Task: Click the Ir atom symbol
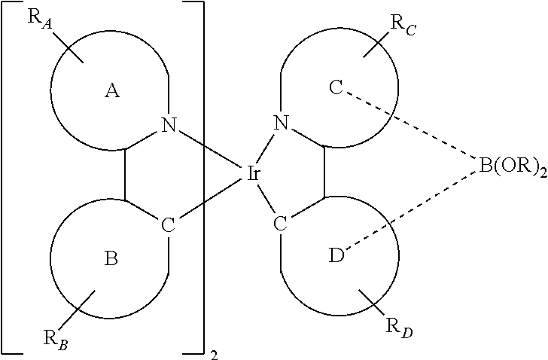tap(254, 174)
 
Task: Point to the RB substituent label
tap(56, 339)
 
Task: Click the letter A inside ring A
tap(112, 91)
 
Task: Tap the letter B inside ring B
tap(111, 258)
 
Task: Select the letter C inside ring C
tap(336, 87)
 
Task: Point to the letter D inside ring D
tap(337, 255)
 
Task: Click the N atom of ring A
tap(169, 125)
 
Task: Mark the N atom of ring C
tap(282, 122)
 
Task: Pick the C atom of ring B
tap(168, 224)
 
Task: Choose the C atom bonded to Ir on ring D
tap(280, 224)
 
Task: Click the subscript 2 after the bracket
tap(215, 355)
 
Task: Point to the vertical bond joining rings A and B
tap(125, 175)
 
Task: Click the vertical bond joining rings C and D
tap(324, 172)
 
